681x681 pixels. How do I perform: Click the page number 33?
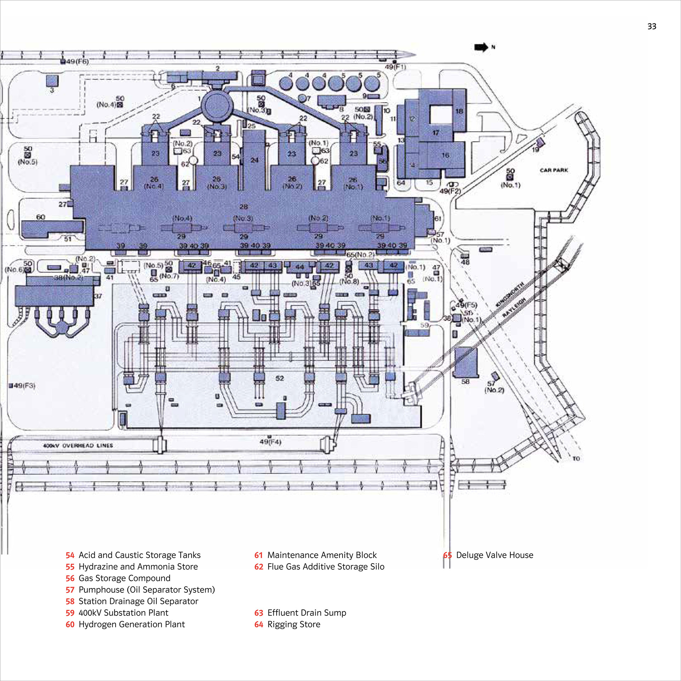(652, 27)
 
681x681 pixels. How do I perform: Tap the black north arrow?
(481, 47)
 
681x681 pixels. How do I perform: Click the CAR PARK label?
(554, 170)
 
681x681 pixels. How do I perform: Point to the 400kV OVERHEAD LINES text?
(78, 445)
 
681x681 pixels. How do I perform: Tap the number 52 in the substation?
(279, 378)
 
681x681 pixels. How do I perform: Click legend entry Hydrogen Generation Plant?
(132, 624)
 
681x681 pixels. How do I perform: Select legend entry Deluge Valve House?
(494, 555)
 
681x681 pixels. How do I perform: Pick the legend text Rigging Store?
(294, 624)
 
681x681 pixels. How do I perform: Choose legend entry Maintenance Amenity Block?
(322, 555)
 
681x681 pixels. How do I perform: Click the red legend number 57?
(70, 590)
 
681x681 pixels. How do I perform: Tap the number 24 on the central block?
(254, 160)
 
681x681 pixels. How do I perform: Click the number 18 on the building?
(459, 111)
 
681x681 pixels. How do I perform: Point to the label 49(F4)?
(270, 442)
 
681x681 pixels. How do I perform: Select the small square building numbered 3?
(52, 81)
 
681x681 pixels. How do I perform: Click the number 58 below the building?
(465, 382)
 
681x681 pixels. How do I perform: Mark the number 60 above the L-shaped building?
(40, 217)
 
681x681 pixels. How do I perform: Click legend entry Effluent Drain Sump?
(306, 613)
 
